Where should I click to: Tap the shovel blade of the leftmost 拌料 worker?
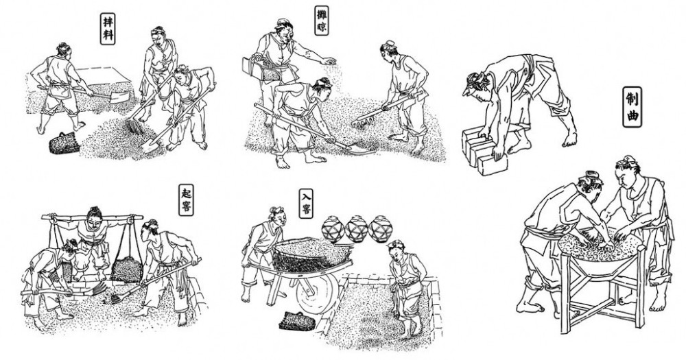click(x=121, y=96)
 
